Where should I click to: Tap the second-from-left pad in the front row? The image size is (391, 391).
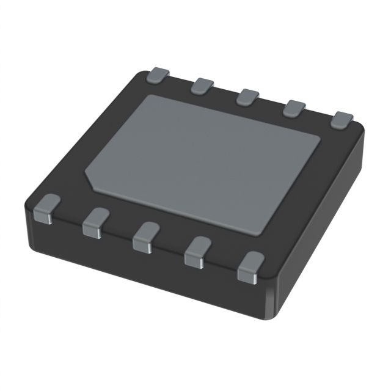[x=95, y=221]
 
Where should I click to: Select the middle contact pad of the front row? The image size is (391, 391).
[x=145, y=236]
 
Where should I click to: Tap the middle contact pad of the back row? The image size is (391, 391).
[x=248, y=97]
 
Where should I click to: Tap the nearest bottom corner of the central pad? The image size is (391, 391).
[x=261, y=232]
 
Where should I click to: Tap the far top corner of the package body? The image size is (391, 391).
[x=147, y=71]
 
